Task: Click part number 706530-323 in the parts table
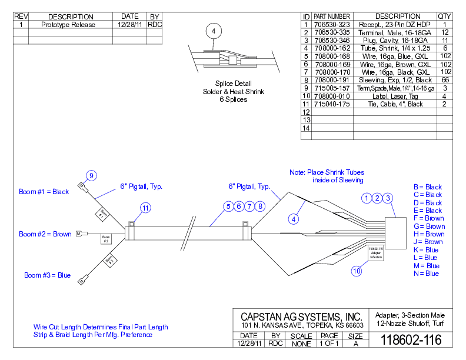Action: click(332, 25)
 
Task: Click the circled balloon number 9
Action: click(91, 175)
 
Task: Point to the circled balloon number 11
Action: click(145, 207)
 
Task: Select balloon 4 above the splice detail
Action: click(214, 31)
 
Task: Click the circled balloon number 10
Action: click(357, 271)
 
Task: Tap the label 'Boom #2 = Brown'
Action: click(45, 234)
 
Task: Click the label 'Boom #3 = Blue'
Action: click(47, 275)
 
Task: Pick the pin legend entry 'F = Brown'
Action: click(429, 218)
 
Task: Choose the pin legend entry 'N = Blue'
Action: click(426, 274)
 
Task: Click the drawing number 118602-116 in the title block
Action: click(411, 340)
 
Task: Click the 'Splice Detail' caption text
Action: click(234, 84)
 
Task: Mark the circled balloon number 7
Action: click(249, 206)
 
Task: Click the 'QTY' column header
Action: click(445, 16)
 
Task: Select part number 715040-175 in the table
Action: click(332, 104)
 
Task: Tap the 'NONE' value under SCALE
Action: click(301, 344)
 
